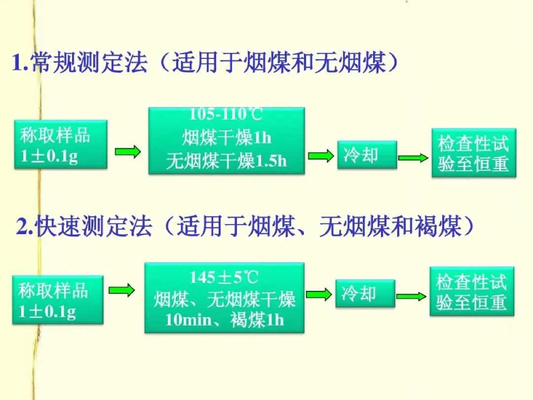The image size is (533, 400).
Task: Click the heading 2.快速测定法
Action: click(x=84, y=228)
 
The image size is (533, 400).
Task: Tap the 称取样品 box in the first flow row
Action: click(x=61, y=144)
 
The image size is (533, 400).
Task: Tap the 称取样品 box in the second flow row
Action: click(x=58, y=299)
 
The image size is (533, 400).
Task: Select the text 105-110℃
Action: click(x=226, y=115)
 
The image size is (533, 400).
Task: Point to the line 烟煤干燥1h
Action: click(x=227, y=138)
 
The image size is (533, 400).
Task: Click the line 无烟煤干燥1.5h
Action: click(x=227, y=161)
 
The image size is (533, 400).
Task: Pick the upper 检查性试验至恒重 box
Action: click(x=473, y=153)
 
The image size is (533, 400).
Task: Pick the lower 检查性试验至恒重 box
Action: click(x=472, y=291)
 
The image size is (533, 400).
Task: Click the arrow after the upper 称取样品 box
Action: click(x=128, y=151)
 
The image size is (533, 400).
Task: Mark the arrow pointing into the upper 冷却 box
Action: click(x=321, y=157)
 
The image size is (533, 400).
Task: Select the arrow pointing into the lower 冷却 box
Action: click(x=319, y=294)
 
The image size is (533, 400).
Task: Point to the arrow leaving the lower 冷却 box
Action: click(x=411, y=296)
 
